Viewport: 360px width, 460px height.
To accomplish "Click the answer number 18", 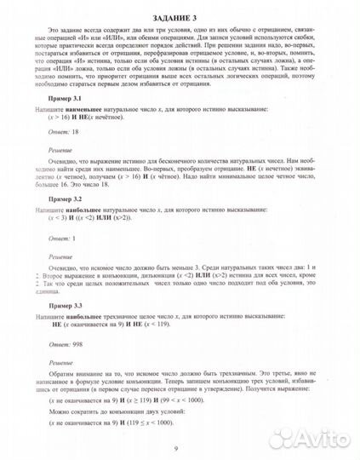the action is pos(77,134).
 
